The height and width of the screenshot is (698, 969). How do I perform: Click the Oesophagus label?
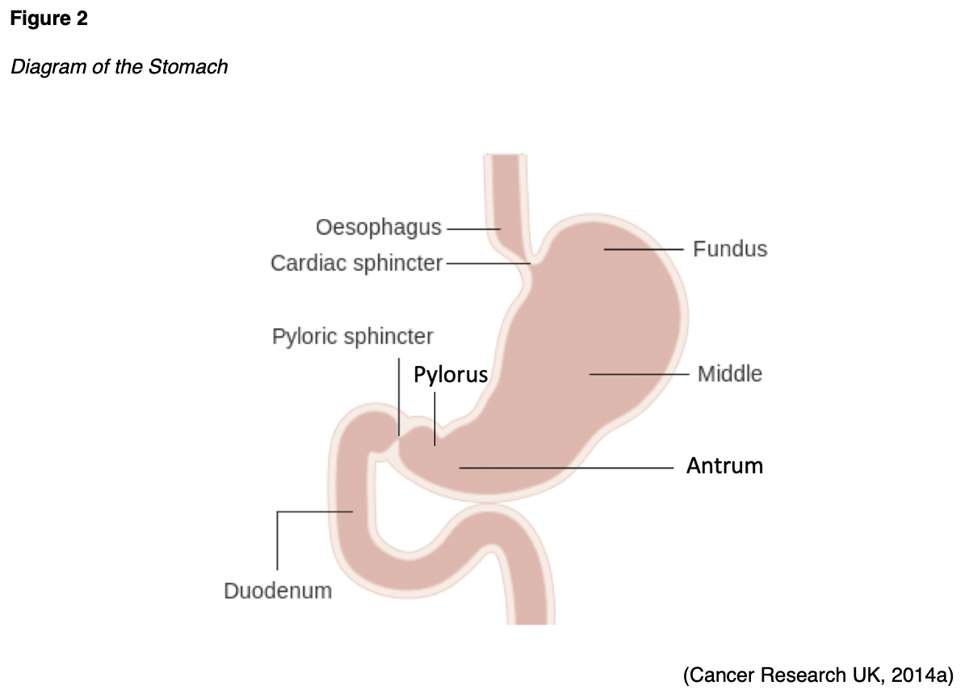tap(379, 228)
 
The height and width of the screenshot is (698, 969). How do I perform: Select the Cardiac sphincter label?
tap(357, 263)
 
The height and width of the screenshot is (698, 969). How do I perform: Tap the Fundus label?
tap(730, 249)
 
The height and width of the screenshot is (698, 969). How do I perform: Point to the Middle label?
tap(730, 374)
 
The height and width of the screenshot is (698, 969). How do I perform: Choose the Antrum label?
tap(724, 466)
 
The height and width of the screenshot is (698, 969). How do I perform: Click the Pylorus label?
tap(451, 375)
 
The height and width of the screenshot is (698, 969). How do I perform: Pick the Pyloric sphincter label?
tap(353, 336)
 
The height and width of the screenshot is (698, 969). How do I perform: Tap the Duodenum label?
tap(278, 591)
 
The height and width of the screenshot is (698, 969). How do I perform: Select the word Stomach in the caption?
tap(188, 66)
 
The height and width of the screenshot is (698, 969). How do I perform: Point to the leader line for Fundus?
tap(644, 250)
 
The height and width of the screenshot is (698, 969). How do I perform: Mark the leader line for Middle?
tap(638, 374)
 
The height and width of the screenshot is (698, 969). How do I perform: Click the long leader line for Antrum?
tap(565, 468)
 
